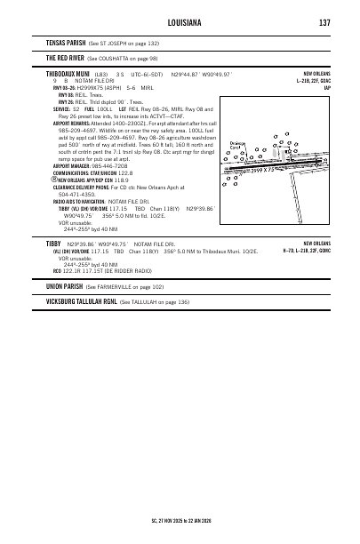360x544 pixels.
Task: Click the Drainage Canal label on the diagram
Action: point(236,145)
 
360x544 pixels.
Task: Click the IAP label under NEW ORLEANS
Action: point(327,87)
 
